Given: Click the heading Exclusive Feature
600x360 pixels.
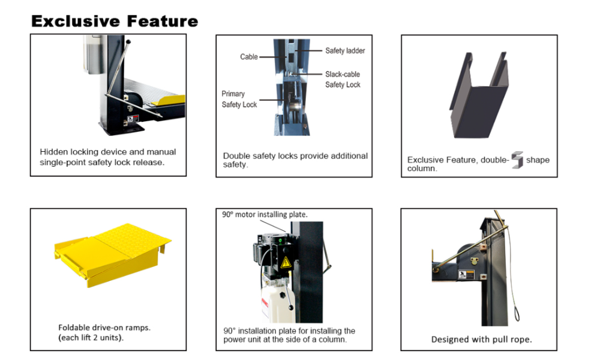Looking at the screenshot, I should (x=114, y=22).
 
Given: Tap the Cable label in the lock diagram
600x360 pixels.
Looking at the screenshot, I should (x=249, y=57).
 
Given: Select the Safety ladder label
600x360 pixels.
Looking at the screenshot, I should (x=345, y=51).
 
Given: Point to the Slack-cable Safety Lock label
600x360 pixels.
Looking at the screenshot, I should (x=343, y=80).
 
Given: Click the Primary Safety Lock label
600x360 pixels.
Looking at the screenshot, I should (x=239, y=99).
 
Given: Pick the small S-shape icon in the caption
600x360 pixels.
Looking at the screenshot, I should (x=517, y=161).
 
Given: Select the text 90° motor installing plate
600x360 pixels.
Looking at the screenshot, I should (x=265, y=214).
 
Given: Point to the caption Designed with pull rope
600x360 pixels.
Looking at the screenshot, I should (x=481, y=340).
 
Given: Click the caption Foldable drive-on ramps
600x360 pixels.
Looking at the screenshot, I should (x=104, y=328).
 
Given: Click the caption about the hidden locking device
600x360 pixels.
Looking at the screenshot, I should (x=108, y=157).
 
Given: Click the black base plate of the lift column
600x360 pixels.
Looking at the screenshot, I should (x=123, y=128).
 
